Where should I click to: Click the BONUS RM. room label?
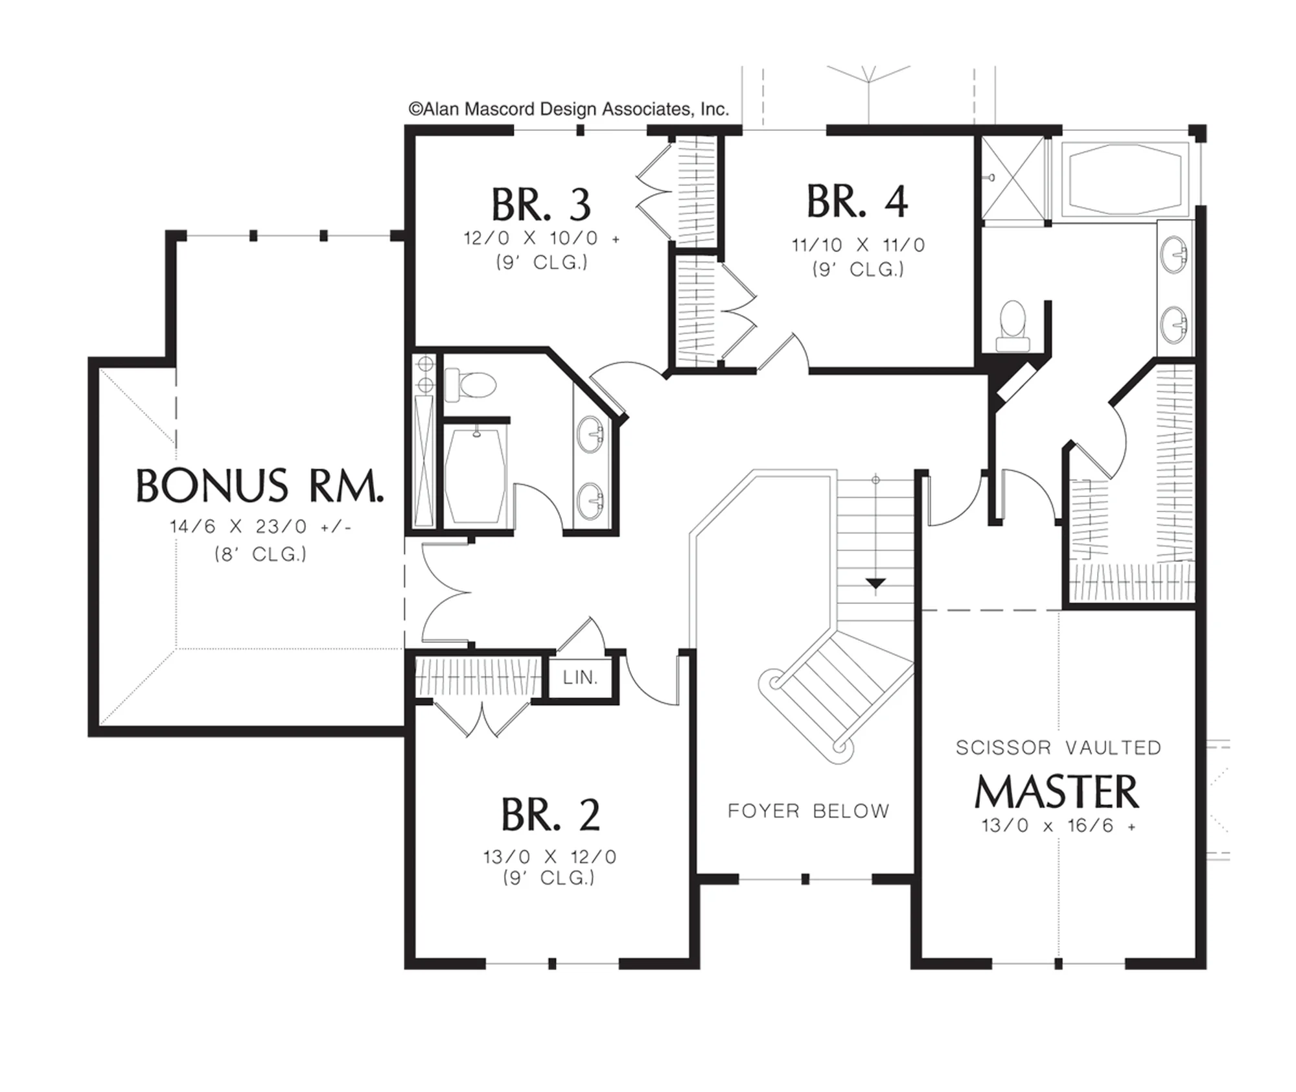(259, 486)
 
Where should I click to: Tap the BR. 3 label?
(541, 205)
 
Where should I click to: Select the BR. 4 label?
(857, 201)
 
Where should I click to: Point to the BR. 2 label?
(551, 815)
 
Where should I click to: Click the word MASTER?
(1057, 792)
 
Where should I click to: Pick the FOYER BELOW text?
(809, 811)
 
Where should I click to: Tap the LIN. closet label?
(581, 677)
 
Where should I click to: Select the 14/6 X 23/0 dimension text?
(260, 526)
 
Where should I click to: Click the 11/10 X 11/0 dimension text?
(858, 245)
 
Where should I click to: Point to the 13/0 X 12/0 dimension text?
(550, 857)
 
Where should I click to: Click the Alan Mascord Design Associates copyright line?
(568, 109)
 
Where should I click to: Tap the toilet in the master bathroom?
(1013, 326)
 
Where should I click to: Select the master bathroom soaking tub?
(1128, 178)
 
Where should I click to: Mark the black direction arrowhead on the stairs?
(875, 583)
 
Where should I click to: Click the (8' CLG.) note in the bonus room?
(260, 554)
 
